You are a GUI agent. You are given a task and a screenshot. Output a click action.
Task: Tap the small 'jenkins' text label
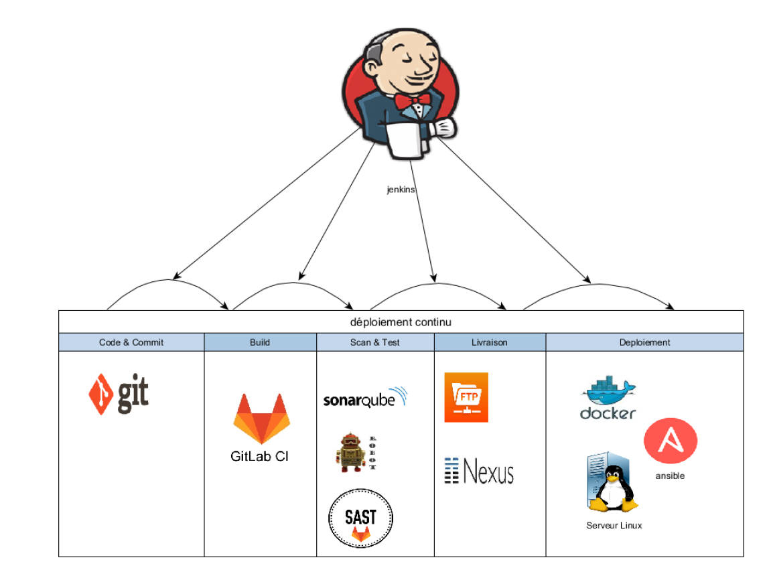point(401,190)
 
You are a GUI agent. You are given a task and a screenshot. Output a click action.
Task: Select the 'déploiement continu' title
point(401,322)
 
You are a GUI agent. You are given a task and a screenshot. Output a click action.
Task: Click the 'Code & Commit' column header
point(131,342)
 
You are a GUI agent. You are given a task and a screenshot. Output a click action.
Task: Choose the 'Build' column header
point(260,342)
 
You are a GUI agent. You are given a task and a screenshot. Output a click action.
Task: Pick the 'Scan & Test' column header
point(375,342)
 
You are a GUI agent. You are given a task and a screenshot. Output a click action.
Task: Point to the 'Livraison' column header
point(490,342)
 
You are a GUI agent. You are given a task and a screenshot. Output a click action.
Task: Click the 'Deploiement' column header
point(644,342)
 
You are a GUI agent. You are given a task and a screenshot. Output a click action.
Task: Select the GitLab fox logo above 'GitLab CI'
point(261,419)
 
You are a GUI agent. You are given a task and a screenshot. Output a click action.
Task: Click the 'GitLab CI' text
point(260,457)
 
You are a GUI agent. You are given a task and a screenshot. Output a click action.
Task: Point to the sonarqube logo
point(365,399)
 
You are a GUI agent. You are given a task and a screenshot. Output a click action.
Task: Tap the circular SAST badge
point(360,518)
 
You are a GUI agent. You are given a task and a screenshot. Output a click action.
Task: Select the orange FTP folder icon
point(466,397)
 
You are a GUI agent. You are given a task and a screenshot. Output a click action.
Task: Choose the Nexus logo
point(479,471)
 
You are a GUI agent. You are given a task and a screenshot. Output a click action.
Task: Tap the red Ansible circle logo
point(671,441)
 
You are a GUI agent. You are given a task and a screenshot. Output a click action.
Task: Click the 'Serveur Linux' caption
point(614,526)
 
